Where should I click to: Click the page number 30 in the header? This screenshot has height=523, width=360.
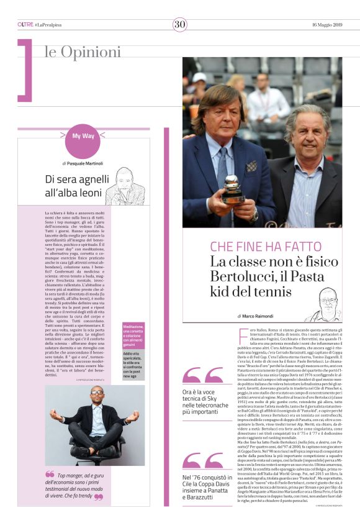tap(180, 24)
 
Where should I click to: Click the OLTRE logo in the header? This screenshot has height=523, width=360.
tap(25, 25)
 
